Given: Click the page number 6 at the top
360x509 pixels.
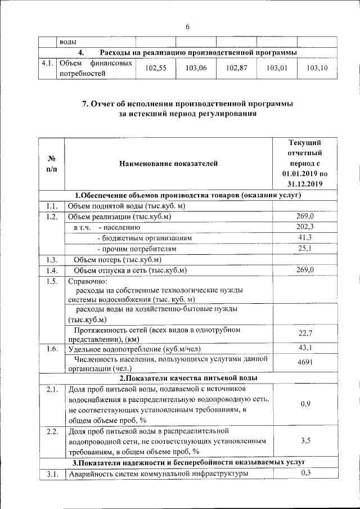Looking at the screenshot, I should click(188, 26).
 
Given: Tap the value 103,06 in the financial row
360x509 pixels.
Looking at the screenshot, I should click(196, 68).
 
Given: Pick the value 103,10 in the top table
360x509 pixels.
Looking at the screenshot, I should click(317, 68).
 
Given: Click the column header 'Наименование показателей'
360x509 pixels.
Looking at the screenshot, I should click(168, 164).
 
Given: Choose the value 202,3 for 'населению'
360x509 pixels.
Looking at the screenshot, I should click(305, 227).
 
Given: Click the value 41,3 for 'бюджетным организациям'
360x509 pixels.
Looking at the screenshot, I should click(305, 238).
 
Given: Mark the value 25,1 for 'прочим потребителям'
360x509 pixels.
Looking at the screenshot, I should click(305, 249).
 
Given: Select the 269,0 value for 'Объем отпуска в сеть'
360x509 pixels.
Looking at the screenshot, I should click(305, 271).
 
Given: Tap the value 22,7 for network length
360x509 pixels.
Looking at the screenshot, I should click(305, 333).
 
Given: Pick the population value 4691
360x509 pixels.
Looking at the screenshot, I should click(305, 363).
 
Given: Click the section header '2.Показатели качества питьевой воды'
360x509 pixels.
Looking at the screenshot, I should click(188, 377).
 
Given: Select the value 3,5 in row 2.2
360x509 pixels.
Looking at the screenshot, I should click(305, 440).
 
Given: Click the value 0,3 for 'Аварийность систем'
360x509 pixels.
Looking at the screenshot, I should click(305, 473).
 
